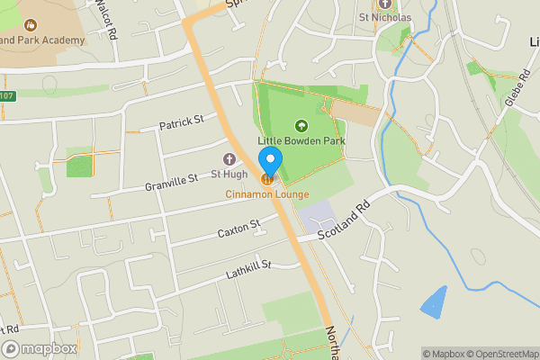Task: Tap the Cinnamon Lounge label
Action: point(267,195)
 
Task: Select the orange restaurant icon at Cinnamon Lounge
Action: point(267,180)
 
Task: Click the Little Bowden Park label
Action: point(302,141)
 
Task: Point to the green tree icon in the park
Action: point(301,126)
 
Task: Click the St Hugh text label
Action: point(229,173)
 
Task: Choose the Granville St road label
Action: point(171,184)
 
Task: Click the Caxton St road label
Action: point(238,229)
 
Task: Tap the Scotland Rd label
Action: point(345,219)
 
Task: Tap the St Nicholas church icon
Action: point(384,4)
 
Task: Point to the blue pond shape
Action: point(433,302)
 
